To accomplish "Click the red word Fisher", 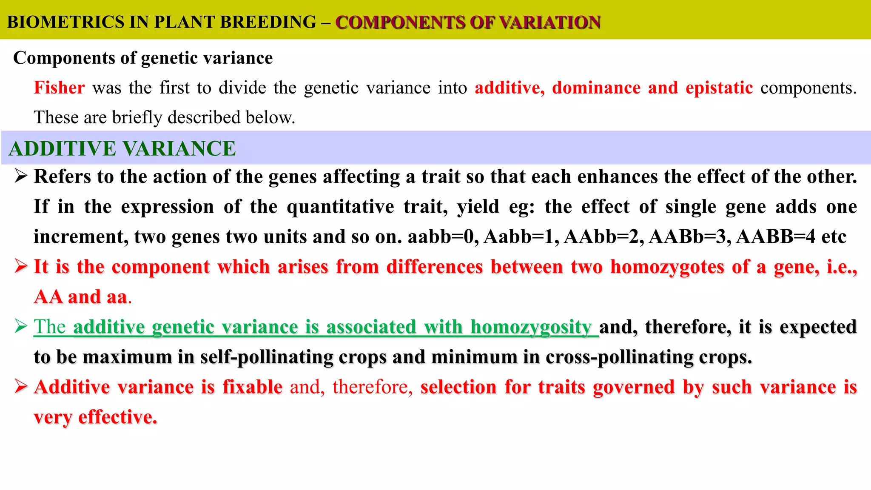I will [x=59, y=88].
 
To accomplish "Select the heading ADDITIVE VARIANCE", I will [x=122, y=148].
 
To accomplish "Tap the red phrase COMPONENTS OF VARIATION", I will [x=468, y=22].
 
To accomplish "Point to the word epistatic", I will [x=719, y=88].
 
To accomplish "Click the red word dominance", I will [x=596, y=88].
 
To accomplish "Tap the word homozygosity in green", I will [x=531, y=327].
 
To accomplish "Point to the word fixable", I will [x=252, y=387].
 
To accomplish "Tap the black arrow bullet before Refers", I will [x=21, y=176].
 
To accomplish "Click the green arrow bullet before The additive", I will [x=21, y=326].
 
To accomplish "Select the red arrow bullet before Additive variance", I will [x=21, y=386].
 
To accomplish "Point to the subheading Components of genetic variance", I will [x=143, y=58].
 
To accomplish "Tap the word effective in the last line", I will [x=117, y=417].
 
